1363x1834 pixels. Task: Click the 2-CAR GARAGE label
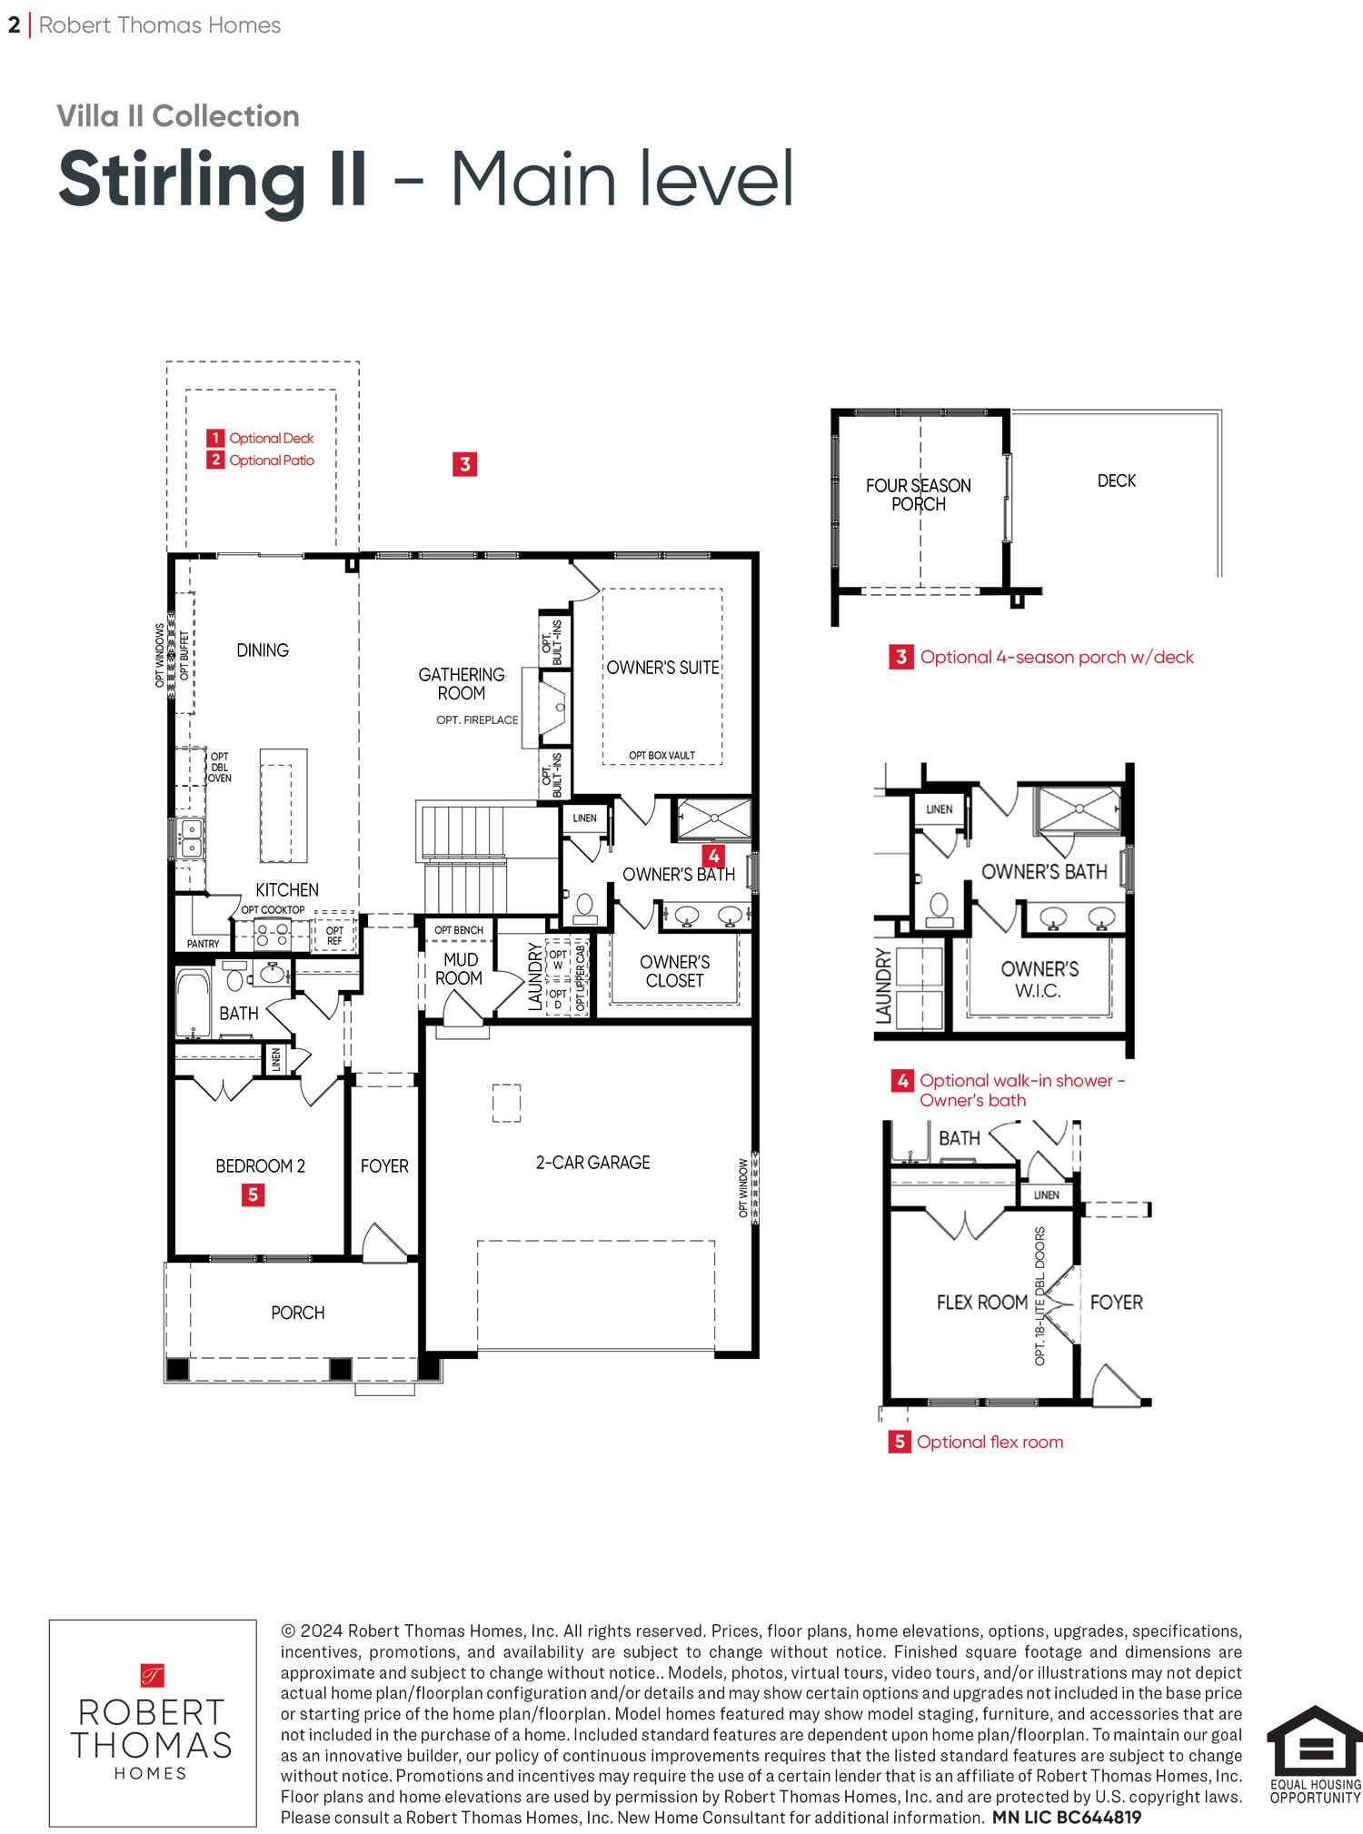[x=592, y=1163]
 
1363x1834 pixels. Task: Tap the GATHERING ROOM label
[x=462, y=684]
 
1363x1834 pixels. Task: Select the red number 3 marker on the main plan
[x=464, y=464]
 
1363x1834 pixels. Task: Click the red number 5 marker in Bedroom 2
[x=253, y=1195]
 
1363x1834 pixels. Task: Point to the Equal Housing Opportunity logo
[x=1315, y=1754]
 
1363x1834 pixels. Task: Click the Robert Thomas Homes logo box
[x=153, y=1723]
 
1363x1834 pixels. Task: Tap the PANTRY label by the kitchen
[x=203, y=944]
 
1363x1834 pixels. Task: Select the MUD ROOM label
[x=459, y=969]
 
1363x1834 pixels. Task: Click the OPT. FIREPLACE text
[x=477, y=720]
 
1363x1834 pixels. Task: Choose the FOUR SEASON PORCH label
[x=918, y=495]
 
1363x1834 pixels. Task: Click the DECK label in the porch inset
[x=1117, y=481]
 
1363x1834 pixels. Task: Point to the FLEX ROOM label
[x=982, y=1303]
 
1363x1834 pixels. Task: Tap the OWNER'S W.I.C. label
[x=1040, y=980]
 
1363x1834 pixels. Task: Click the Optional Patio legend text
[x=272, y=461]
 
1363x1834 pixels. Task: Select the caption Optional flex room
[x=990, y=1442]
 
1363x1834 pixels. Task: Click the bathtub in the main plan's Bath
[x=193, y=1004]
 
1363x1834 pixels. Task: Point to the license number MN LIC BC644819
[x=1067, y=1818]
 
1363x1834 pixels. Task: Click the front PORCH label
[x=298, y=1313]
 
